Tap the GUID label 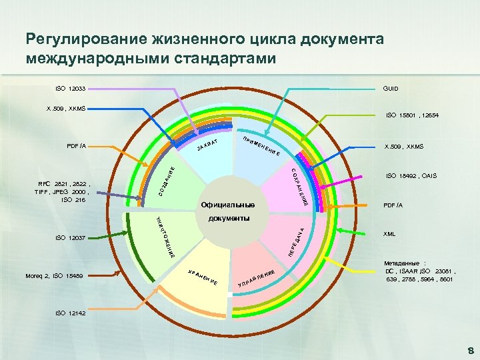390,88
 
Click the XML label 389,234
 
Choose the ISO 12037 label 69,237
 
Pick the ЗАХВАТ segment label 208,143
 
